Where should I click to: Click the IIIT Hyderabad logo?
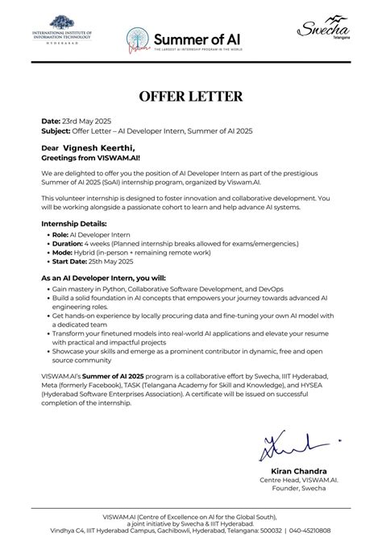pyautogui.click(x=63, y=33)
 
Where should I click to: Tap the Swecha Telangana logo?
pyautogui.click(x=322, y=33)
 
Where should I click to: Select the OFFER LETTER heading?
pyautogui.click(x=190, y=97)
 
